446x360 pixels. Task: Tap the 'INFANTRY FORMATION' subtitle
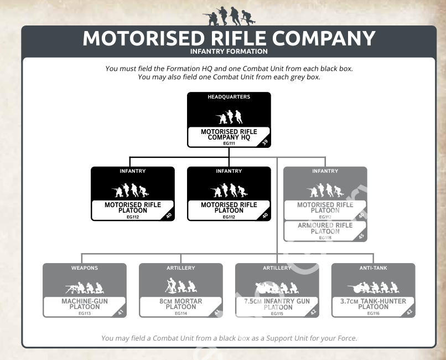[x=229, y=52]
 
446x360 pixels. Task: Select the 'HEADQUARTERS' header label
[x=229, y=97]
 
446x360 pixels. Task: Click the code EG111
[x=229, y=143]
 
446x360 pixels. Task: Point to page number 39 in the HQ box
[x=265, y=142]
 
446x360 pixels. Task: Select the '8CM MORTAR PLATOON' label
[x=181, y=304]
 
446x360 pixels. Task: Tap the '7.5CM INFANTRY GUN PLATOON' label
[x=277, y=304]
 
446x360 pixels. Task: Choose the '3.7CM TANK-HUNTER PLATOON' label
[x=374, y=304]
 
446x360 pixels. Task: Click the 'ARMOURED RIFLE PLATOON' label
[x=325, y=228]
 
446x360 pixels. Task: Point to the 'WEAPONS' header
[x=85, y=268]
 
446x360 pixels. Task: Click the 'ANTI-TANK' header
[x=374, y=268]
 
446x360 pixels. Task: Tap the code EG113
[x=85, y=313]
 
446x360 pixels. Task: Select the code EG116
[x=374, y=313]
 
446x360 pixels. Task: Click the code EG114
[x=181, y=313]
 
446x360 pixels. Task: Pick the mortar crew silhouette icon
[x=181, y=287]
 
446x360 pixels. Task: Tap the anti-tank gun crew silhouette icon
[x=374, y=288]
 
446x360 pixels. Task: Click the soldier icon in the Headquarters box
[x=229, y=117]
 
